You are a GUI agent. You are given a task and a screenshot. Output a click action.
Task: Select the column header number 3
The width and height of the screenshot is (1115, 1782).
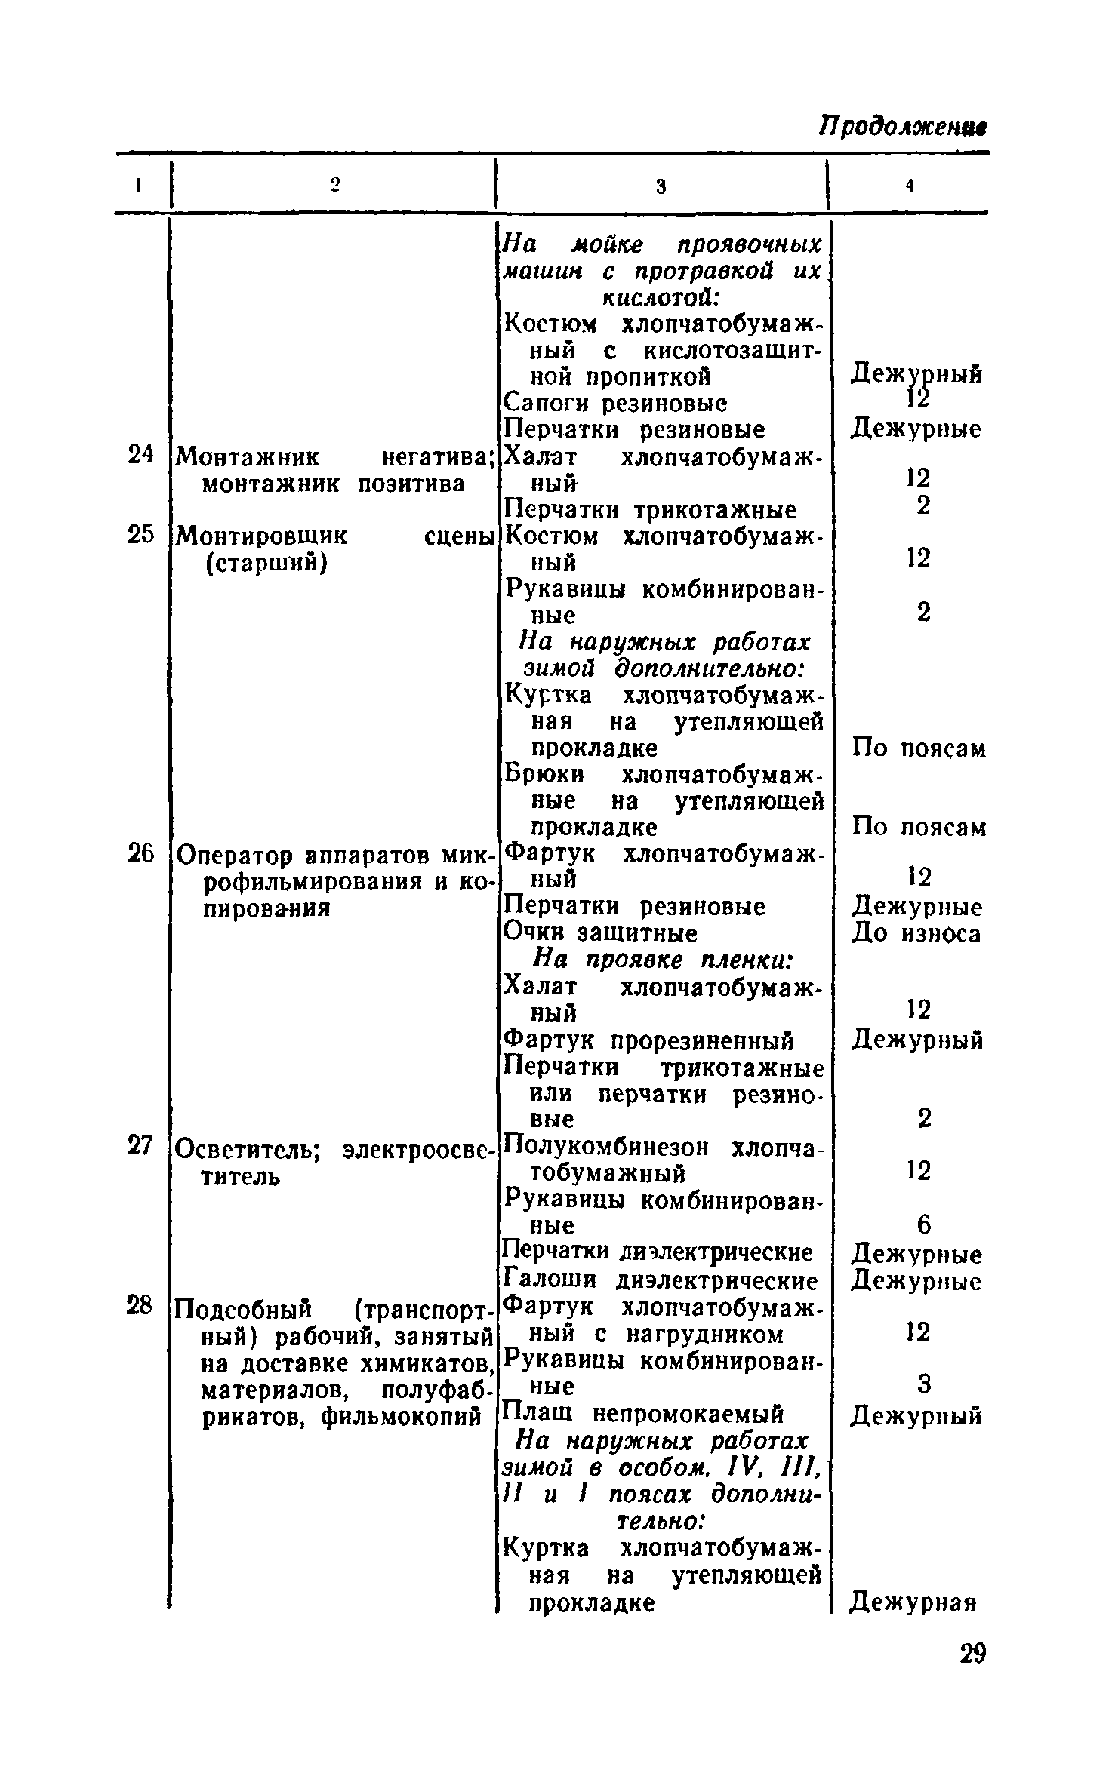tap(660, 187)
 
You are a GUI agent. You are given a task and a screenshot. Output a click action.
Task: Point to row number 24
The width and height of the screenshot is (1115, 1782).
tap(140, 455)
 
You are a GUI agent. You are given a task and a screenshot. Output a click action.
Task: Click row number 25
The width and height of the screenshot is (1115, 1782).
tap(140, 535)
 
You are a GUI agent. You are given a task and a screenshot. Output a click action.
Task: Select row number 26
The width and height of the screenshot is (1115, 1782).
tap(140, 854)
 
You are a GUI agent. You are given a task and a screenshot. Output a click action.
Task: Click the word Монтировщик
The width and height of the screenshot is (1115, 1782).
tap(261, 536)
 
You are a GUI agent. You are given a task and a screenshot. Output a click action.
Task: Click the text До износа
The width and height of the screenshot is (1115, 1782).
tap(916, 934)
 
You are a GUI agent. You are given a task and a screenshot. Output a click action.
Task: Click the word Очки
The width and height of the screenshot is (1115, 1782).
tap(535, 933)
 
